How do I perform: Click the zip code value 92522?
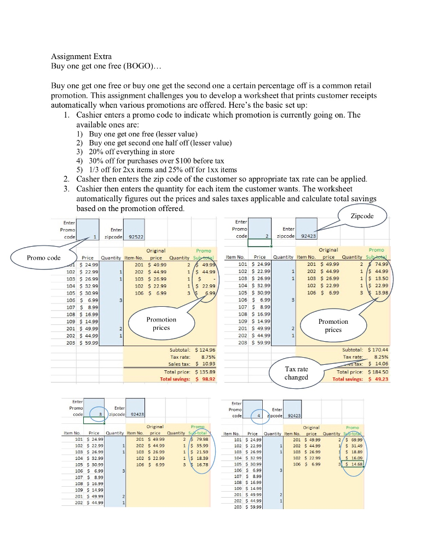click(134, 237)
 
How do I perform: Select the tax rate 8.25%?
click(380, 356)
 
